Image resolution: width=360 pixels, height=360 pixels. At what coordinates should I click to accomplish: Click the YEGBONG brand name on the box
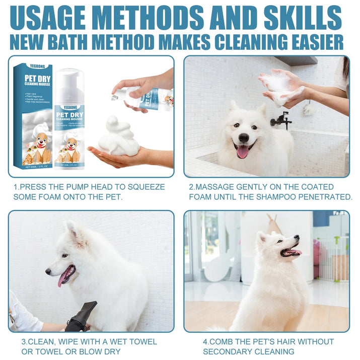[38, 70]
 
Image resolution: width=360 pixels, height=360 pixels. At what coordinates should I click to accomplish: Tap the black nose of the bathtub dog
[244, 137]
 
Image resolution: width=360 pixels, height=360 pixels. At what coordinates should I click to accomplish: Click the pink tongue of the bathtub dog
[243, 151]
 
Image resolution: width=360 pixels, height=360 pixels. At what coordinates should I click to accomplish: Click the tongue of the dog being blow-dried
[64, 277]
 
